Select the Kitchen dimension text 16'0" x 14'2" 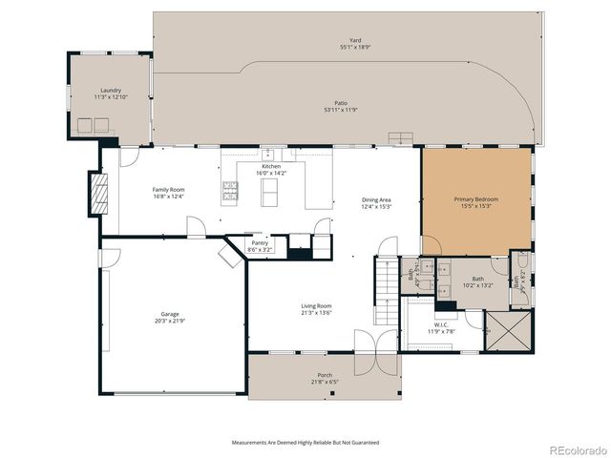pyautogui.click(x=271, y=174)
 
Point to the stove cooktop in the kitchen pyautogui.click(x=230, y=191)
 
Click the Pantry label pyautogui.click(x=260, y=242)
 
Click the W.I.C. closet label pyautogui.click(x=440, y=324)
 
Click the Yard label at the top pyautogui.click(x=342, y=41)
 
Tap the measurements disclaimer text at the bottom pyautogui.click(x=305, y=443)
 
